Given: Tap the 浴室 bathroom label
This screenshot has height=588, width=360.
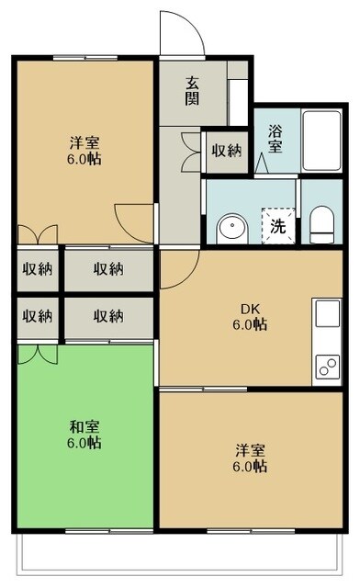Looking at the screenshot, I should coord(275,138).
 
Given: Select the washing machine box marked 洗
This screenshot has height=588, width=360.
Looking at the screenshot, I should coord(276,226).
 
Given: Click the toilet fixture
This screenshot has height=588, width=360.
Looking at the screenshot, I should coord(321,224).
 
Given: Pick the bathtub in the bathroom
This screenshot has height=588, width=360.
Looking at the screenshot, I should coord(321,141).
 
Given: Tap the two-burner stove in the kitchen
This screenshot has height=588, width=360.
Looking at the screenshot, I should coord(328,367).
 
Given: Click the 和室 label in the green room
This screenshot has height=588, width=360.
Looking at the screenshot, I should coord(84,426).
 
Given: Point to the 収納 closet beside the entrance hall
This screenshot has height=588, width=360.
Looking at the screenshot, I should coord(225,151).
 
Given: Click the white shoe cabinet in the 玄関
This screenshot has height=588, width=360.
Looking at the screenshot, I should coord(238,101).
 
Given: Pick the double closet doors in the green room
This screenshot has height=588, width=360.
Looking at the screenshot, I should coord(38,353).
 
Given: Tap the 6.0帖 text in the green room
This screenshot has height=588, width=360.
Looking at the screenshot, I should coord(84,443).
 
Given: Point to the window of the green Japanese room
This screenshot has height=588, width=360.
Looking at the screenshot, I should coord(84,532).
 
